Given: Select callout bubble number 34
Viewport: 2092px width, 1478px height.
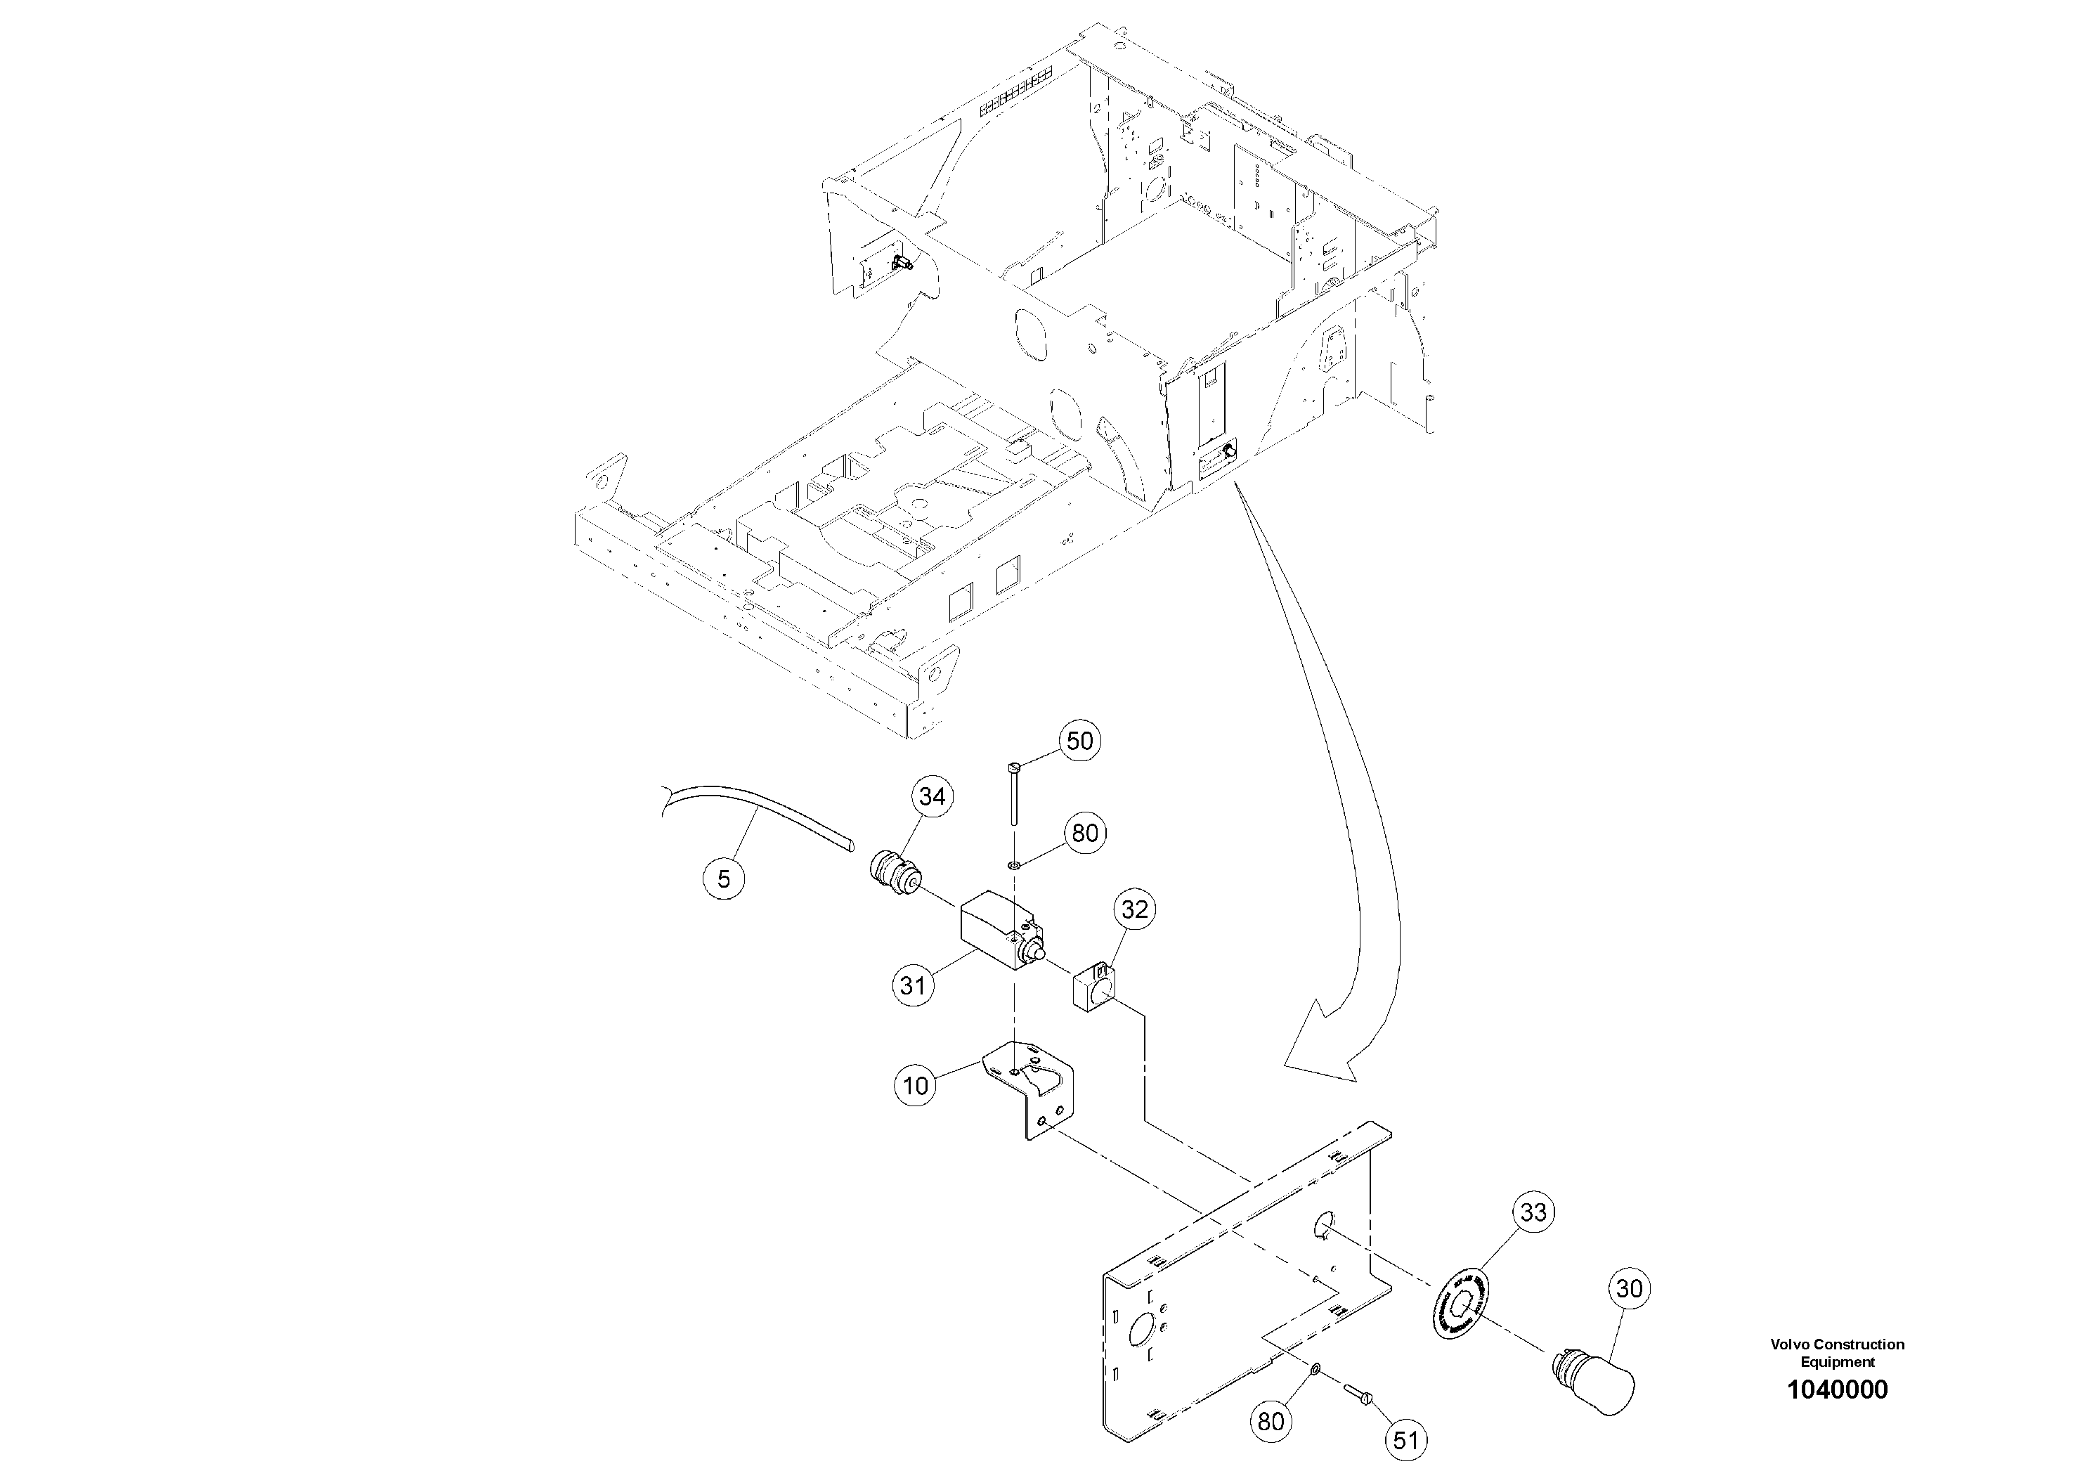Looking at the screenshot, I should click(931, 796).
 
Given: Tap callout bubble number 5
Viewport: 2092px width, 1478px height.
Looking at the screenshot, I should click(724, 879).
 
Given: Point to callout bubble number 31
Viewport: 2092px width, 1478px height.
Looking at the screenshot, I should click(913, 985).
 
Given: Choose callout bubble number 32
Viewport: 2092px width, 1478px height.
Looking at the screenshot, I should click(1134, 909).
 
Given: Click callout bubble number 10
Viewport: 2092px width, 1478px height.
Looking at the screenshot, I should click(915, 1085).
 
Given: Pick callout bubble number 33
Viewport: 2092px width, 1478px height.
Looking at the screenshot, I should click(1533, 1212).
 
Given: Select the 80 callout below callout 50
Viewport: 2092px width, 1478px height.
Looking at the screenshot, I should click(1084, 833).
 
